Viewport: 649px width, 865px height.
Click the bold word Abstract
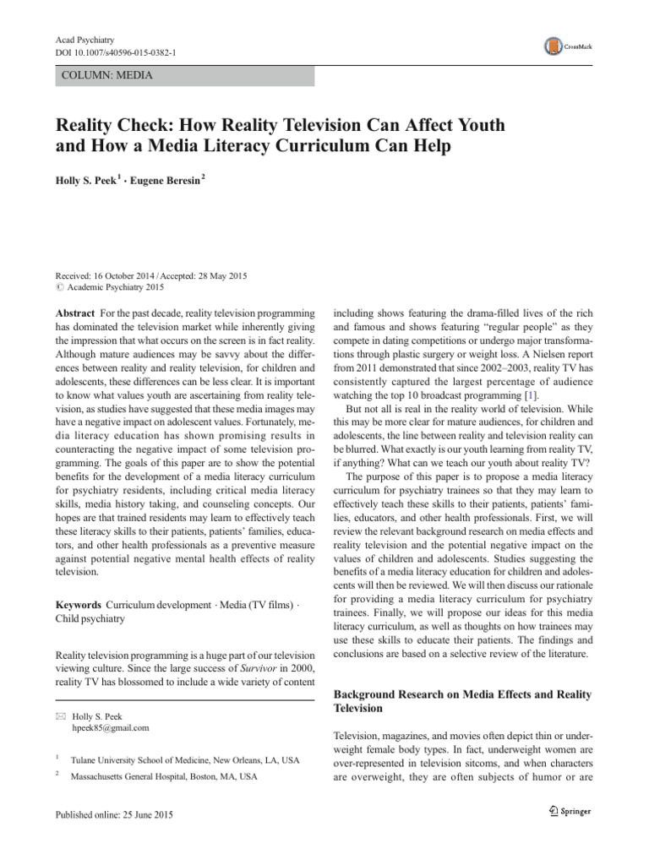[75, 313]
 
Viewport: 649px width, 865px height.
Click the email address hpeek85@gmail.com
[112, 727]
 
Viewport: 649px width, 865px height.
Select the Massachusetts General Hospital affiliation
[164, 775]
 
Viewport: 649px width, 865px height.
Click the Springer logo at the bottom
[568, 812]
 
